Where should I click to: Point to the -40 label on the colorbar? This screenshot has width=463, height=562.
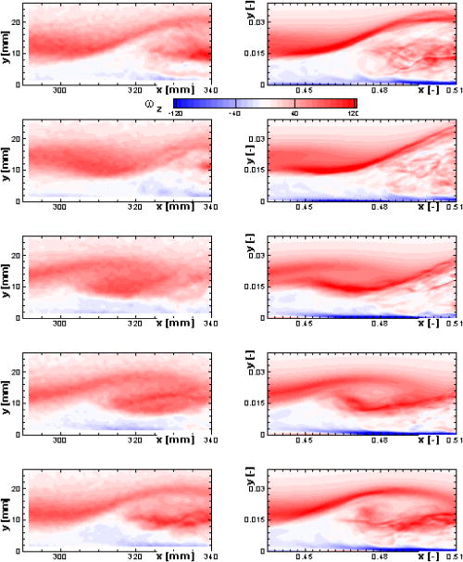click(x=236, y=113)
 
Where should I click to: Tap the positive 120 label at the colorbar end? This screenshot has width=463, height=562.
click(x=351, y=113)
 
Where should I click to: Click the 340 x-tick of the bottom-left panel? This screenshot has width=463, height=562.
click(x=212, y=557)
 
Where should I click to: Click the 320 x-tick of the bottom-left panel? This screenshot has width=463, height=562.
click(x=135, y=557)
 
